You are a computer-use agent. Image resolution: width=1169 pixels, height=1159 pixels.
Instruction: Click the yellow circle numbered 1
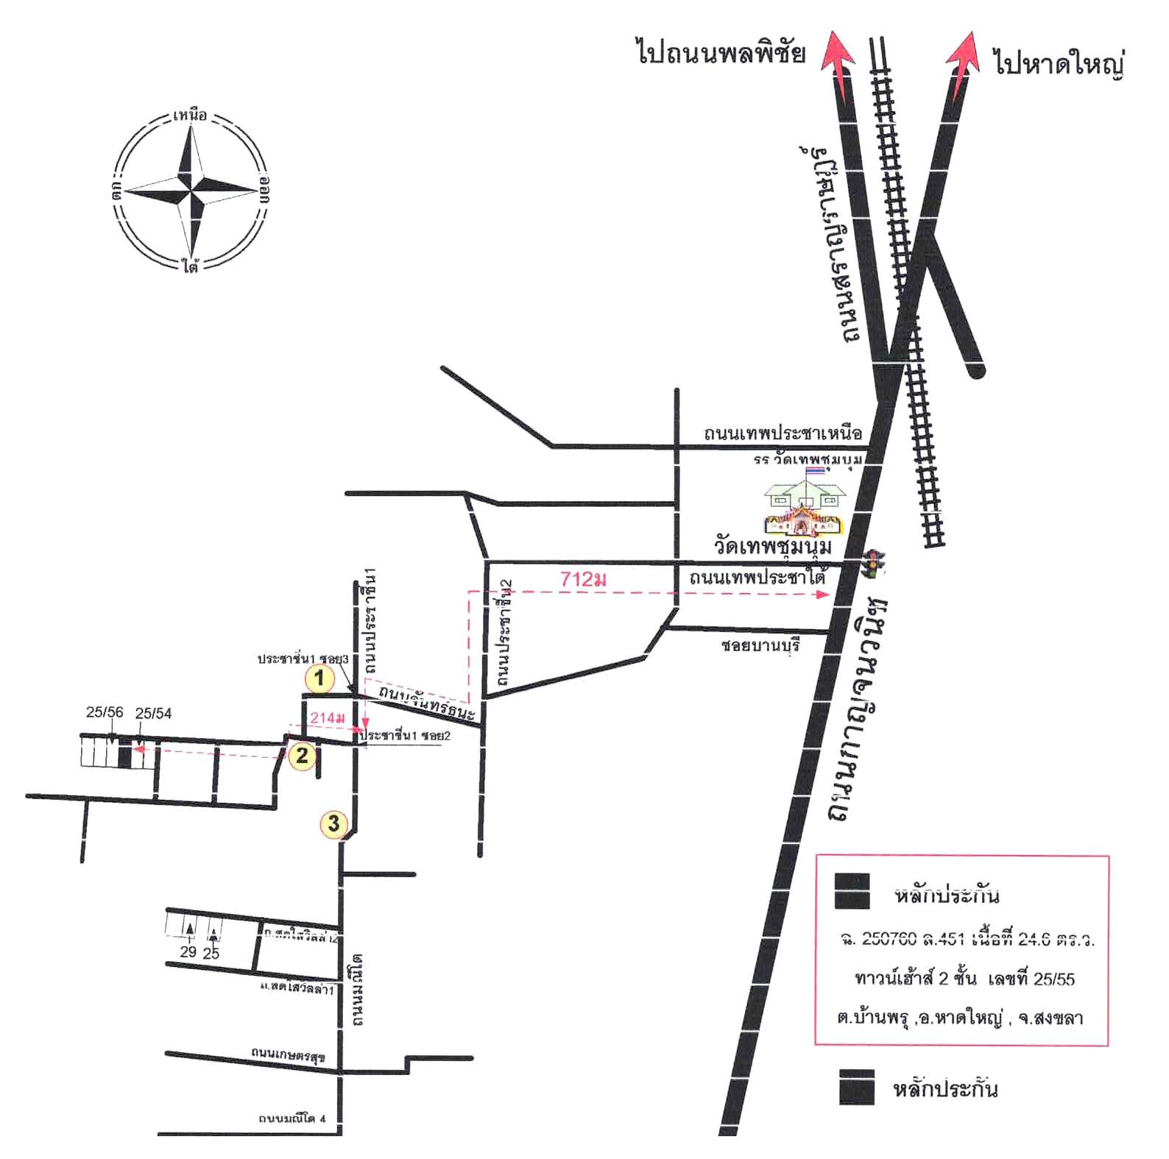pyautogui.click(x=319, y=678)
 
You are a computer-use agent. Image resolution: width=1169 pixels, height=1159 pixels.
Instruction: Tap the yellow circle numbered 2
pyautogui.click(x=302, y=755)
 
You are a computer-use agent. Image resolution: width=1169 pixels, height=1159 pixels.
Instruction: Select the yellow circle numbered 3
pyautogui.click(x=333, y=823)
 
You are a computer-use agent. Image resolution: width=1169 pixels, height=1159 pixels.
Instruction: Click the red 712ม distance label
pyautogui.click(x=583, y=580)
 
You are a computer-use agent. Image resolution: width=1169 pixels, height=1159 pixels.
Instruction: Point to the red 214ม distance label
pyautogui.click(x=327, y=717)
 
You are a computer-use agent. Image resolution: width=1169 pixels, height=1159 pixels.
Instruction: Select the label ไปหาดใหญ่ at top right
pyautogui.click(x=1058, y=63)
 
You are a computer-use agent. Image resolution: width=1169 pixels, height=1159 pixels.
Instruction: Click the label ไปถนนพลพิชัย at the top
pyautogui.click(x=721, y=54)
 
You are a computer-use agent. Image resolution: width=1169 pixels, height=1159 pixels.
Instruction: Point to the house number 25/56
pyautogui.click(x=105, y=712)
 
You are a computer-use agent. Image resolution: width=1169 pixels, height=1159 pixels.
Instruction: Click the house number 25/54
pyautogui.click(x=153, y=712)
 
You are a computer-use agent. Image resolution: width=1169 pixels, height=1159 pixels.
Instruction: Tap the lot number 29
pyautogui.click(x=188, y=952)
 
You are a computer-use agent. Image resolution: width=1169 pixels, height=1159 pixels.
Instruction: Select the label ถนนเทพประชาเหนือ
pyautogui.click(x=782, y=433)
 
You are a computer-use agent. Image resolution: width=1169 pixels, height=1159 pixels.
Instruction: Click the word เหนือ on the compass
pyautogui.click(x=191, y=116)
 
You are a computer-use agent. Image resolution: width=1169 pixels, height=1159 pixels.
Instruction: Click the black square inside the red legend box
pyautogui.click(x=852, y=891)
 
